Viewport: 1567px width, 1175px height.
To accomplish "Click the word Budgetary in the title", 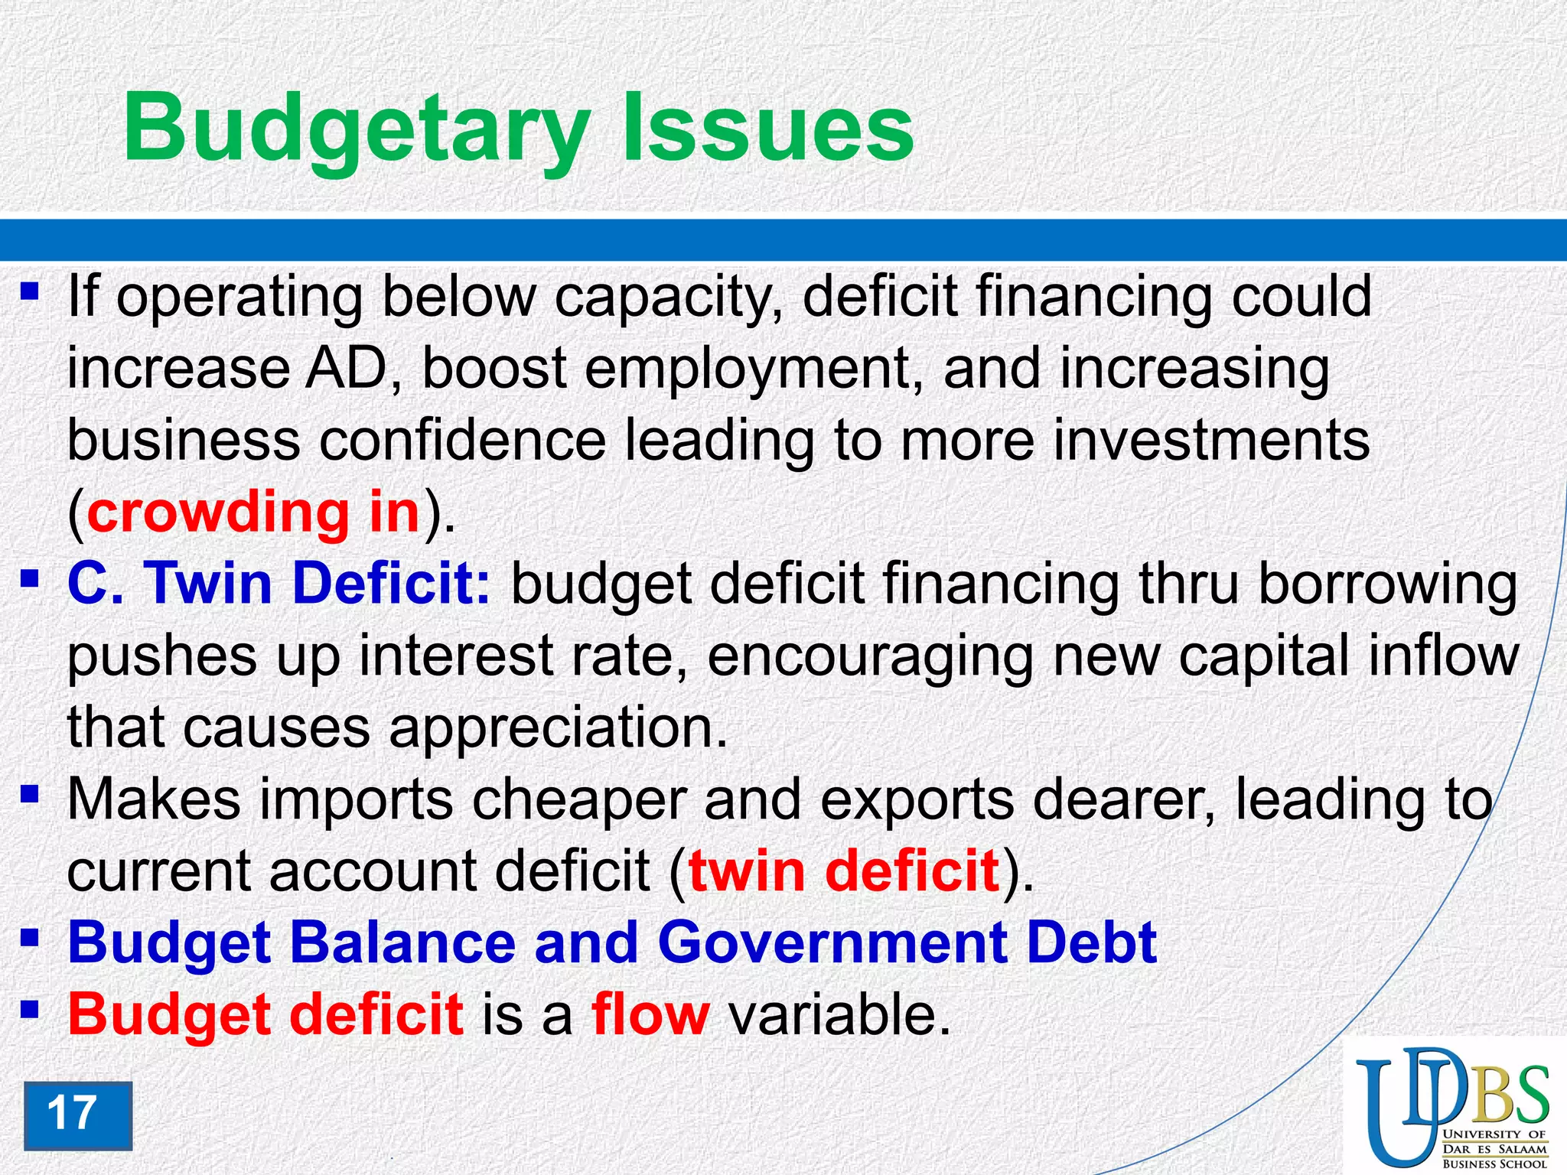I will pos(357,129).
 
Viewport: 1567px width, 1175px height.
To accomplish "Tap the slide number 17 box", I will pos(77,1115).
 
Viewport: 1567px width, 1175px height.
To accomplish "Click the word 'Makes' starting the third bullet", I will pos(154,799).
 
